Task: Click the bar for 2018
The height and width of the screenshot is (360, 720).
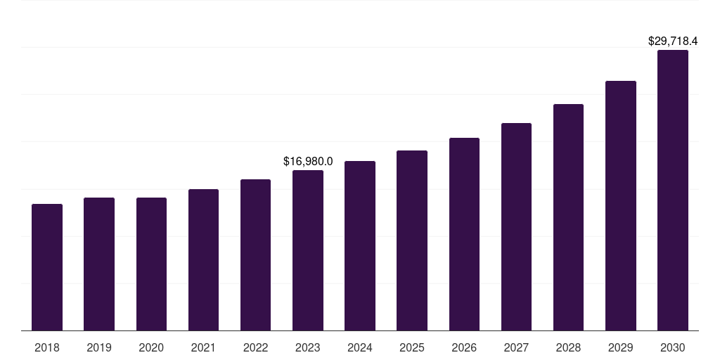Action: (x=47, y=267)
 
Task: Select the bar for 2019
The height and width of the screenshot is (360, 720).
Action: (x=99, y=264)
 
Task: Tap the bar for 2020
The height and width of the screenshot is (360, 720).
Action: (x=151, y=264)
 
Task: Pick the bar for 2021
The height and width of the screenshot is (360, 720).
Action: (x=203, y=259)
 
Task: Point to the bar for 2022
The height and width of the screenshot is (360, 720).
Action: (x=255, y=255)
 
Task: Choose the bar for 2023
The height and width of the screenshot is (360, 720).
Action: (x=308, y=250)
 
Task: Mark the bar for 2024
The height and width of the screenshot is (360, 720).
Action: (x=360, y=245)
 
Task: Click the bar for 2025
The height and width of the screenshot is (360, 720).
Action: (x=412, y=240)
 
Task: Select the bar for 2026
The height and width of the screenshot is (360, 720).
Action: (x=464, y=234)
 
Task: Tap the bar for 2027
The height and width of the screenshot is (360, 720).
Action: (x=516, y=226)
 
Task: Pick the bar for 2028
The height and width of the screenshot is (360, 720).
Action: (x=568, y=217)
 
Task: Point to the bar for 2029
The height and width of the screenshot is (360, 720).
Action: (x=620, y=205)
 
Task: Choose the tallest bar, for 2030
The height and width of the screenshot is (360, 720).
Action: (x=672, y=190)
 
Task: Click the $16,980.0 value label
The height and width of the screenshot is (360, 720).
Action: (x=308, y=162)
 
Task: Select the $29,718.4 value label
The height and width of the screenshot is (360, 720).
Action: (x=672, y=41)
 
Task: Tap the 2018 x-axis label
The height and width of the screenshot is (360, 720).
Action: (x=47, y=348)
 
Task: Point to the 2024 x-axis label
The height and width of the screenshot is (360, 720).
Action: (x=360, y=348)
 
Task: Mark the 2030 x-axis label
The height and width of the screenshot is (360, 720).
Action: (x=672, y=348)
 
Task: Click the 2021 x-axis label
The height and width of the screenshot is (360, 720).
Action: (x=203, y=348)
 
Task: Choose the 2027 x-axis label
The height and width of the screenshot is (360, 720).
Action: (x=516, y=348)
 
